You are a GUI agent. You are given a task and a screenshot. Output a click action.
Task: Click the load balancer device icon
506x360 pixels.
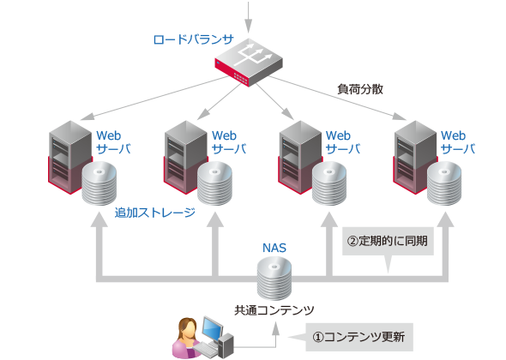click(248, 61)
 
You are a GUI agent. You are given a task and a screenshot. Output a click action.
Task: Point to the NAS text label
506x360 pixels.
click(274, 248)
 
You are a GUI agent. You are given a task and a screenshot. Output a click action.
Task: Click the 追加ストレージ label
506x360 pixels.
click(155, 213)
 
